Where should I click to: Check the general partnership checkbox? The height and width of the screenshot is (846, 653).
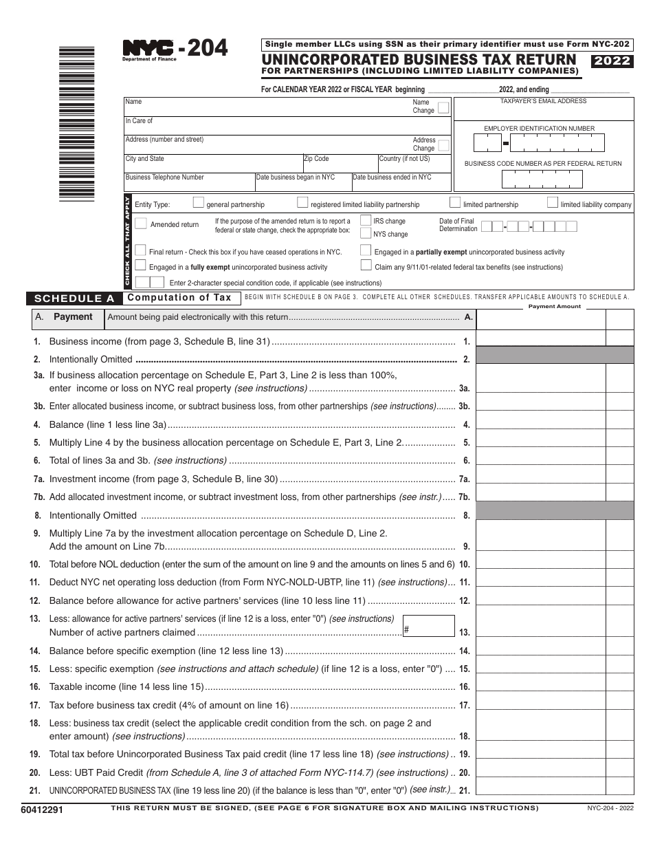199,203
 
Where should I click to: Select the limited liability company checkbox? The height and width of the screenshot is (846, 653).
553,203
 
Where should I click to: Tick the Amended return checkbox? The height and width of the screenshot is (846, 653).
141,224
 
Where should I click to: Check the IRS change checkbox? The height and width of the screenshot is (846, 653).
365,221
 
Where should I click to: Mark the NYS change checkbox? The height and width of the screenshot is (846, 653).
365,233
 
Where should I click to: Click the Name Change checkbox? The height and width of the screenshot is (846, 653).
443,107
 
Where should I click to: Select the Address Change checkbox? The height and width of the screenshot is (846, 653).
443,145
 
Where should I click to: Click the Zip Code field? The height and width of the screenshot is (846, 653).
340,166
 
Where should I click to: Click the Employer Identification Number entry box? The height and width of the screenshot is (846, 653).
539,142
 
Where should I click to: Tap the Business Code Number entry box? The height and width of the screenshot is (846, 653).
542,179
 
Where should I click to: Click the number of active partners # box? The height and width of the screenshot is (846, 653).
429,626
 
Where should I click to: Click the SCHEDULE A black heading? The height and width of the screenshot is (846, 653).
74,299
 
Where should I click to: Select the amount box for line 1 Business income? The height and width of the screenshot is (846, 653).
541,341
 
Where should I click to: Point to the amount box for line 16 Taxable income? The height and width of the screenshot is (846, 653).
541,686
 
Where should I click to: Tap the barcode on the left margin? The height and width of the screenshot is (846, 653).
76,122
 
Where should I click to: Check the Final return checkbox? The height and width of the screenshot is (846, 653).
141,251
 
